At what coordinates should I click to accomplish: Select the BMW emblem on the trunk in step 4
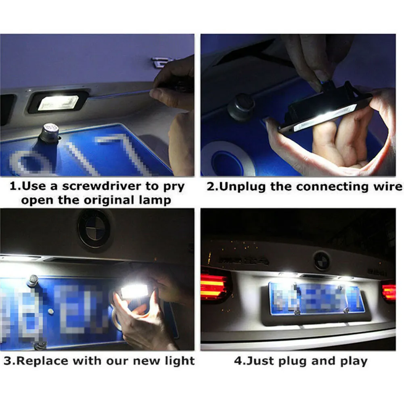click(322, 260)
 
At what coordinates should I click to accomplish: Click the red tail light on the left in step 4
click(214, 285)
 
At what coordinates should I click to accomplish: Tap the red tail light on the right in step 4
click(389, 291)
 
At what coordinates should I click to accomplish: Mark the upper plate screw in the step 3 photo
click(33, 280)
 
